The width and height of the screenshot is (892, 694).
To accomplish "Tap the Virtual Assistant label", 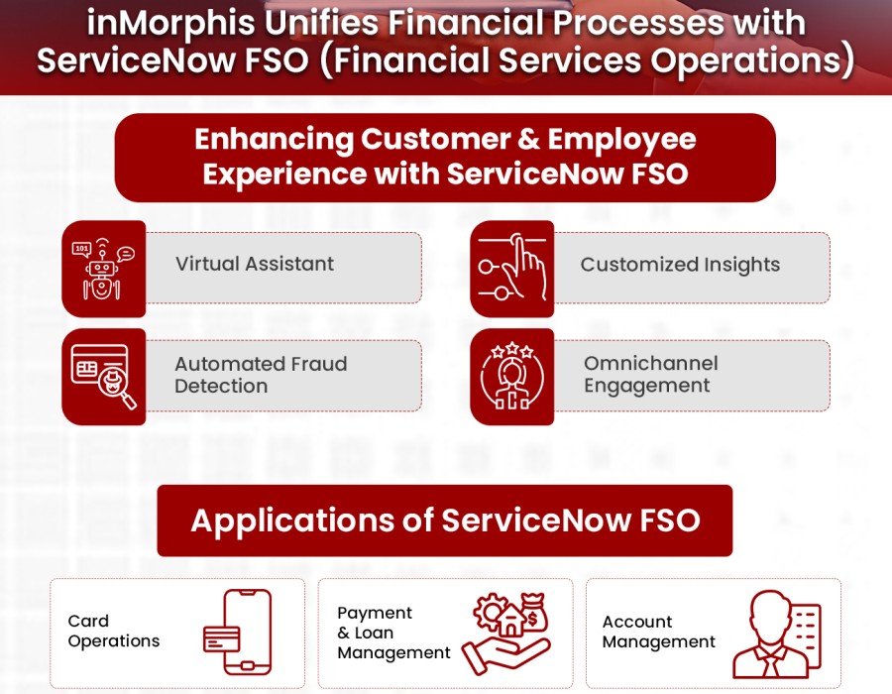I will tap(255, 264).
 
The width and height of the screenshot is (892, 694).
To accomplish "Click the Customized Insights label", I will tap(680, 265).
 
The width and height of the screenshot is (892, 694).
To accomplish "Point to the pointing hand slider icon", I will tap(512, 269).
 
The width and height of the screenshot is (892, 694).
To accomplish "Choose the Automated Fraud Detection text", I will tap(261, 375).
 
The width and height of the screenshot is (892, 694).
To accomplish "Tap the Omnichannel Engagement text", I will tap(650, 375).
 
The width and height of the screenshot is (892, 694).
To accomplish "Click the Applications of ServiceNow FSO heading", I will tap(445, 520).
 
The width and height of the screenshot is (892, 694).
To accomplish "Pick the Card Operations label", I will tap(113, 632).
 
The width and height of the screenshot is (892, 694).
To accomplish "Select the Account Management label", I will tap(658, 632).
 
